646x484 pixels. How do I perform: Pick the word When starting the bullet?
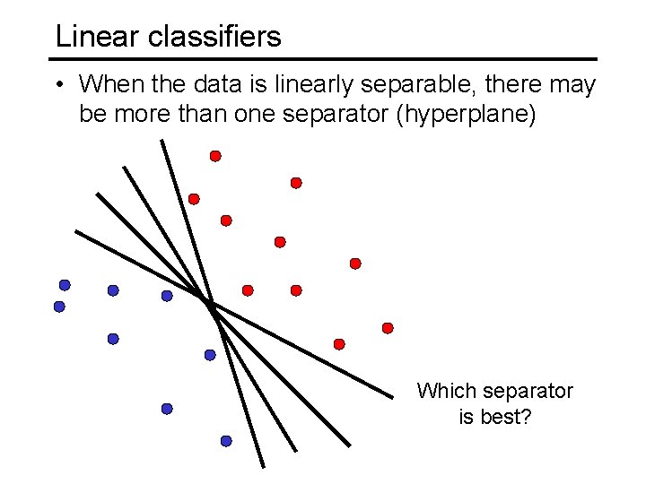(109, 85)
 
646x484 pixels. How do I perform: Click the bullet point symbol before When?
(58, 86)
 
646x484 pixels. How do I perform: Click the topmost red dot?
(215, 156)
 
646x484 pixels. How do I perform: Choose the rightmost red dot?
(388, 328)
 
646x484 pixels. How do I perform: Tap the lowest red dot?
(339, 344)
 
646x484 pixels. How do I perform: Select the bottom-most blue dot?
(226, 441)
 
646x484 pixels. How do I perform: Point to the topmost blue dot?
(65, 285)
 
